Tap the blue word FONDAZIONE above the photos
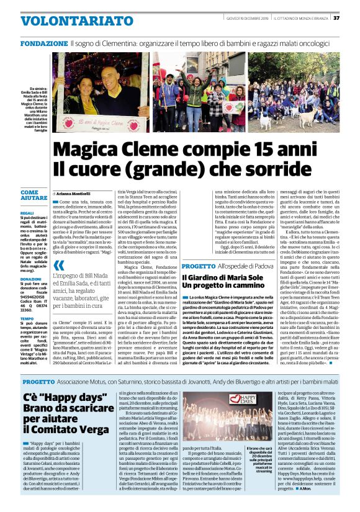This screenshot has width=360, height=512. [45, 44]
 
